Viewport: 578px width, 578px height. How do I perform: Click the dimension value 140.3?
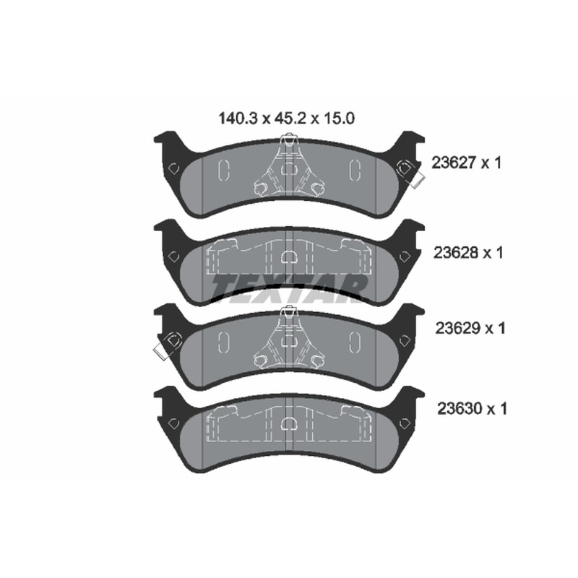point(238,118)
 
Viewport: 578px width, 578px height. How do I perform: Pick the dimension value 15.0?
point(339,118)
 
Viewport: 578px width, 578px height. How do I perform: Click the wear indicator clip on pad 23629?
point(168,345)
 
